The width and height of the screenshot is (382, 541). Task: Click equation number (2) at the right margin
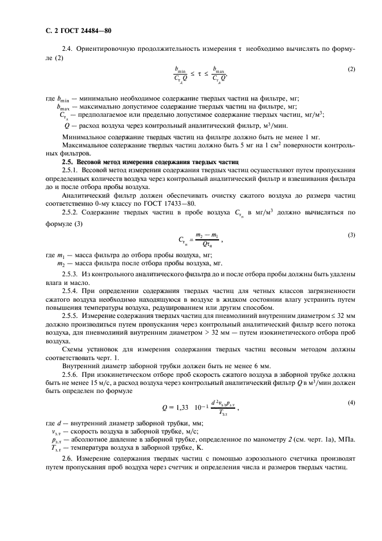351,69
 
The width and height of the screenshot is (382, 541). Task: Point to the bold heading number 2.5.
60,162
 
